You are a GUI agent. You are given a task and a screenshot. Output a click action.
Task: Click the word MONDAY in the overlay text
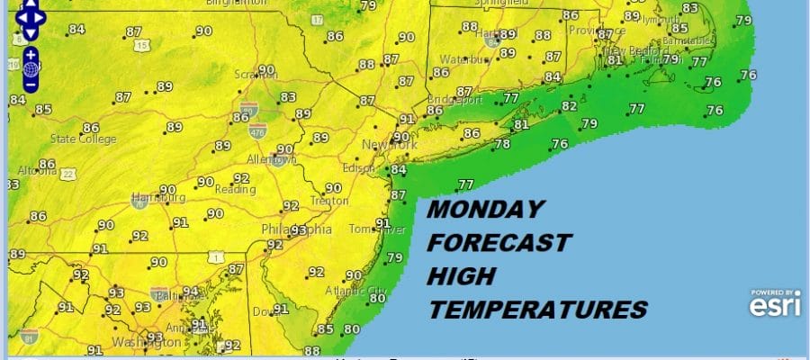485,210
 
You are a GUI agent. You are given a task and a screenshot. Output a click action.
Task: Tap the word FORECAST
499,243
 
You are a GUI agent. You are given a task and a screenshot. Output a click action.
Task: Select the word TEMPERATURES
537,310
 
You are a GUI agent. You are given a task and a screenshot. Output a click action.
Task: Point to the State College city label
84,139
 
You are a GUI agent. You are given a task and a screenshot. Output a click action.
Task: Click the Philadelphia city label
297,230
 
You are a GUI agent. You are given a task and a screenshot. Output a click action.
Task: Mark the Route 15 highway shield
135,44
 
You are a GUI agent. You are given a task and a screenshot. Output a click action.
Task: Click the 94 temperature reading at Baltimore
191,292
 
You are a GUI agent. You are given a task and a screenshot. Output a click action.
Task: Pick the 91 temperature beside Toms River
382,223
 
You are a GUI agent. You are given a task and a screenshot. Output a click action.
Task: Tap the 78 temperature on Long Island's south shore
502,144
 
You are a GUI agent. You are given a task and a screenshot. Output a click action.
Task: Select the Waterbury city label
457,61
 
